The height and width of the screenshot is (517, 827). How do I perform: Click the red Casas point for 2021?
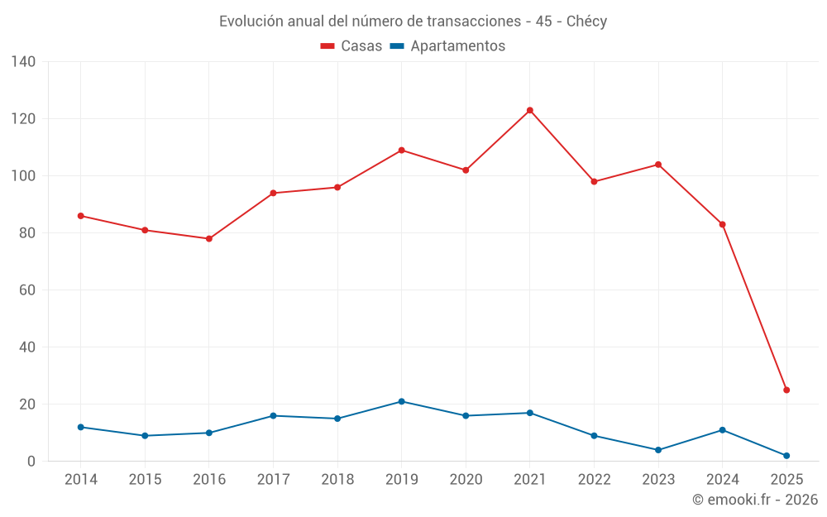pos(530,110)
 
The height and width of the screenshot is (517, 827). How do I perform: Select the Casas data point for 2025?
pos(786,390)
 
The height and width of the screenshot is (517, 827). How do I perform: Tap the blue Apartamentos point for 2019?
pos(402,401)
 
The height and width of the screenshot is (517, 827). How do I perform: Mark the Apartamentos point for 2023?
pos(658,450)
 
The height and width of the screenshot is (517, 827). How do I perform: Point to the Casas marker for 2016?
pos(209,239)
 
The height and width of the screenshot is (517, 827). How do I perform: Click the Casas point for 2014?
pos(81,216)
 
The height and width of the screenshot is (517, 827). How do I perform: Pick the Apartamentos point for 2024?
pos(722,430)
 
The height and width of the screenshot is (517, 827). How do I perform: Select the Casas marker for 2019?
pos(402,151)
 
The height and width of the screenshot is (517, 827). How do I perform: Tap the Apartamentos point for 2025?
pos(786,456)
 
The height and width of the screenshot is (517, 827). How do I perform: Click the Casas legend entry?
pos(351,46)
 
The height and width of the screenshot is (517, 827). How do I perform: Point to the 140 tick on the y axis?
pos(24,62)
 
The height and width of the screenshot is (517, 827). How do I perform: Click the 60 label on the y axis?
pos(27,290)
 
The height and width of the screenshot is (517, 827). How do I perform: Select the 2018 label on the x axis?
pos(337,480)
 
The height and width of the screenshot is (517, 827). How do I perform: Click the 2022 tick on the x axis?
pos(594,480)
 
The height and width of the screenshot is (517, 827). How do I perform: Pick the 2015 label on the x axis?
pos(145,480)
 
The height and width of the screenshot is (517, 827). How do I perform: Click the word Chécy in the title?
pos(586,22)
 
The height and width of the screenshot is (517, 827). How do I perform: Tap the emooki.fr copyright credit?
pos(755,500)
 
